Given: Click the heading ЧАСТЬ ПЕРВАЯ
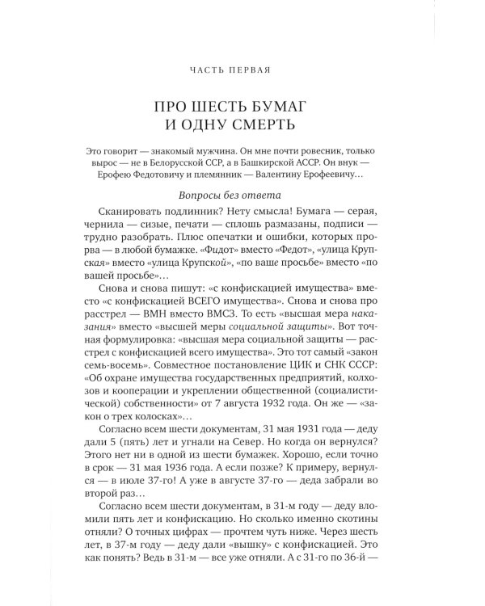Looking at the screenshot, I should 242,70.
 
